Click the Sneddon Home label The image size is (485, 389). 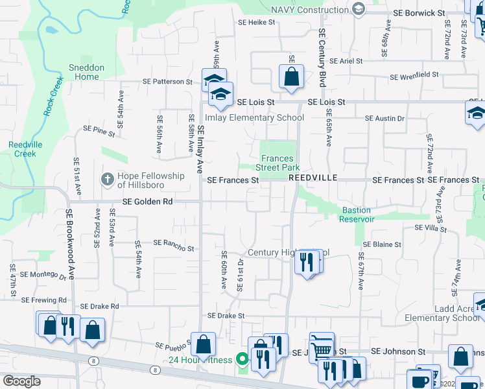[86, 72]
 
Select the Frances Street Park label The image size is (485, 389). [278, 163]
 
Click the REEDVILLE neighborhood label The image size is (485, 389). [314, 176]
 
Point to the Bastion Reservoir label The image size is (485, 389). [357, 215]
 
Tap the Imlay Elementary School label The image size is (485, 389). [254, 118]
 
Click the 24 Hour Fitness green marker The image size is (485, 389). [242, 358]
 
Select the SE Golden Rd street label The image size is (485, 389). [150, 202]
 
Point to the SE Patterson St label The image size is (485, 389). [169, 82]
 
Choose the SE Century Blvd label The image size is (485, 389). [321, 57]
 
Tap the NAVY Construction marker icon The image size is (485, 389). [357, 8]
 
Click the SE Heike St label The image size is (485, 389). [257, 22]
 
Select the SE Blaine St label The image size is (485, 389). [382, 244]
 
